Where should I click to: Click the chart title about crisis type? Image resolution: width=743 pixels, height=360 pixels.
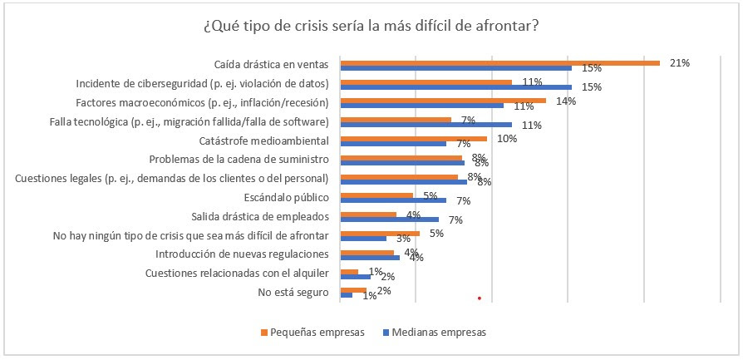(x=371, y=26)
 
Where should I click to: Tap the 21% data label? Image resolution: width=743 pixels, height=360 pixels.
(x=680, y=62)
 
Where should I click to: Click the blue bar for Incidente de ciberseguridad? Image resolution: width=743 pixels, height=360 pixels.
(x=456, y=86)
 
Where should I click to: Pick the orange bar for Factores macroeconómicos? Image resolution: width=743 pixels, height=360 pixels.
(x=444, y=101)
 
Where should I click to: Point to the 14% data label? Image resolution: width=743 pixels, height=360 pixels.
(x=566, y=101)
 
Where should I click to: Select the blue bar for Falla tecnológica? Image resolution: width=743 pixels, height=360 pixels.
(x=426, y=125)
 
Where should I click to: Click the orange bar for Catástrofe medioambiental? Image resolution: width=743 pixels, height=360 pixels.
(x=414, y=138)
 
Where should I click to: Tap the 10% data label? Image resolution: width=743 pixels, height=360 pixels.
(x=507, y=139)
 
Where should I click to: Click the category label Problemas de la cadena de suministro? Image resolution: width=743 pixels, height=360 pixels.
(x=239, y=159)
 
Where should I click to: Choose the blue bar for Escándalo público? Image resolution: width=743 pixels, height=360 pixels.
(x=394, y=200)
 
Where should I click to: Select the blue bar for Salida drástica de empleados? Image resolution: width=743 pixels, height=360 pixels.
(x=390, y=219)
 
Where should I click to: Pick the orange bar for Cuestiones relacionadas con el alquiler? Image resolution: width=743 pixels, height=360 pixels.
(x=350, y=271)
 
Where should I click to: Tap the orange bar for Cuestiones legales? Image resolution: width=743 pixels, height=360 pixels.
(x=400, y=176)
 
